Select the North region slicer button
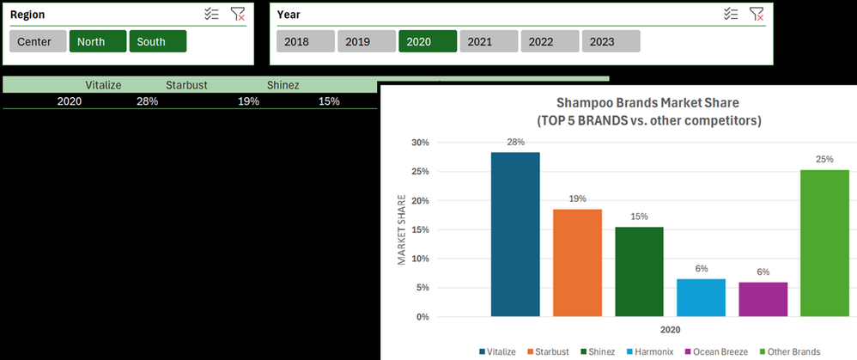coord(98,41)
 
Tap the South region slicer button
coord(158,41)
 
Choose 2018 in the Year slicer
coord(306,41)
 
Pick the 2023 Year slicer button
coord(611,41)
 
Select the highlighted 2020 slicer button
coord(428,41)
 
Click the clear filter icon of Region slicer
coord(238,15)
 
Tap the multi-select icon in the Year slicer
coord(732,15)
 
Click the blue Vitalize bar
coord(515,235)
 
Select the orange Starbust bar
coord(577,263)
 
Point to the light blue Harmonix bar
coord(702,297)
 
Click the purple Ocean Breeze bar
coord(763,299)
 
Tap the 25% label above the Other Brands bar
coord(824,159)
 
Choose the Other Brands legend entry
coord(789,351)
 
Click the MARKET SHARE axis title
coord(402,229)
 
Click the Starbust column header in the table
coord(184,85)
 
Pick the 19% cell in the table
coord(249,101)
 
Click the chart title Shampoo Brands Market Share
coord(647,102)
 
